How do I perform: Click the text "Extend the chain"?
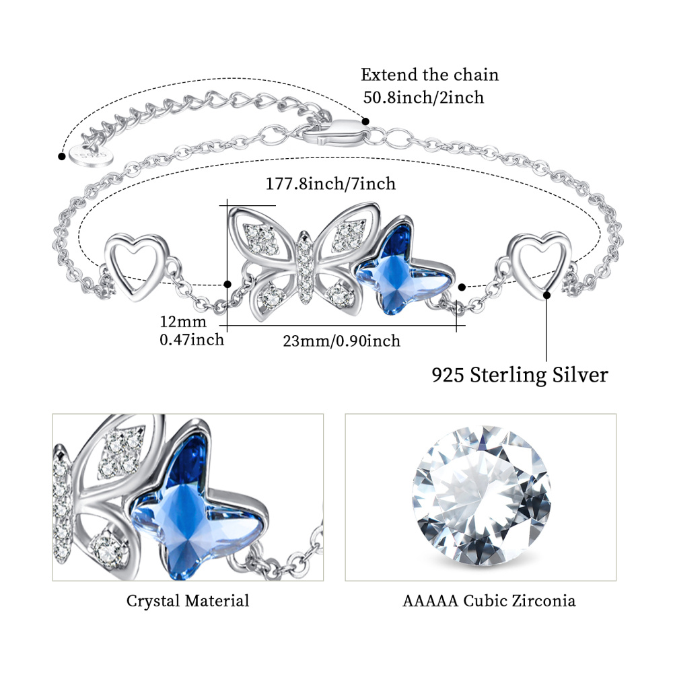pyautogui.click(x=429, y=75)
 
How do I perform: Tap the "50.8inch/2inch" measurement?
pyautogui.click(x=423, y=98)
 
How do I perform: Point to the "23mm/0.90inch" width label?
pyautogui.click(x=341, y=341)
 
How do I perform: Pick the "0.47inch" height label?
pyautogui.click(x=191, y=340)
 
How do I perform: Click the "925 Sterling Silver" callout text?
pyautogui.click(x=520, y=374)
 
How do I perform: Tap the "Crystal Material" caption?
pyautogui.click(x=188, y=601)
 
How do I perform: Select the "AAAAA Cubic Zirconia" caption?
pyautogui.click(x=489, y=601)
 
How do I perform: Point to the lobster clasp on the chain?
pyautogui.click(x=334, y=131)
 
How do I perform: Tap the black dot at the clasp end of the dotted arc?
pyautogui.click(x=366, y=122)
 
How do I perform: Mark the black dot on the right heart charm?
pyautogui.click(x=546, y=295)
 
